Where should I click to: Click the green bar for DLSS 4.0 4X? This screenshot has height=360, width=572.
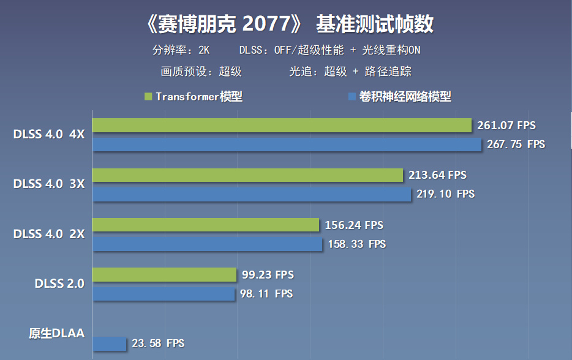[282, 126]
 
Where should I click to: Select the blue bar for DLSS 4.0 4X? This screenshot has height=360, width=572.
[287, 144]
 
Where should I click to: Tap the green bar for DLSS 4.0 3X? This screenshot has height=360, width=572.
[247, 175]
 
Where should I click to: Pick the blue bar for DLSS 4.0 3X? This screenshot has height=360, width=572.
[252, 194]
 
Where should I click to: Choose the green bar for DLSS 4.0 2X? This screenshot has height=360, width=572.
[206, 225]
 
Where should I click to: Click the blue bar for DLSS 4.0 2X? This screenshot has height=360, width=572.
[208, 244]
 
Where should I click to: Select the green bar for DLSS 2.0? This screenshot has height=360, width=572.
[164, 275]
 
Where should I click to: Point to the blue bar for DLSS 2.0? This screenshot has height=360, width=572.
[164, 294]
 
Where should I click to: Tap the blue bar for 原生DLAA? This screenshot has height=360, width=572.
[110, 343]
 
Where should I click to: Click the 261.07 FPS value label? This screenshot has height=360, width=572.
[506, 126]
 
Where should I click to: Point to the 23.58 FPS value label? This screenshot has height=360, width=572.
[158, 343]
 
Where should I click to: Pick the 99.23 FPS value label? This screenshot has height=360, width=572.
[267, 275]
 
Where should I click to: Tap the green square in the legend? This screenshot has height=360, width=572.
[148, 97]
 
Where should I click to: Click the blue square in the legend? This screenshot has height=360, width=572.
[352, 97]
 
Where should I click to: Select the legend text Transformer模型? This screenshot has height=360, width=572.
[199, 97]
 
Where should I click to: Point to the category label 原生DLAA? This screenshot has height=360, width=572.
[56, 334]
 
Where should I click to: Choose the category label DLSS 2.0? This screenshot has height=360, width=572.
[59, 283]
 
